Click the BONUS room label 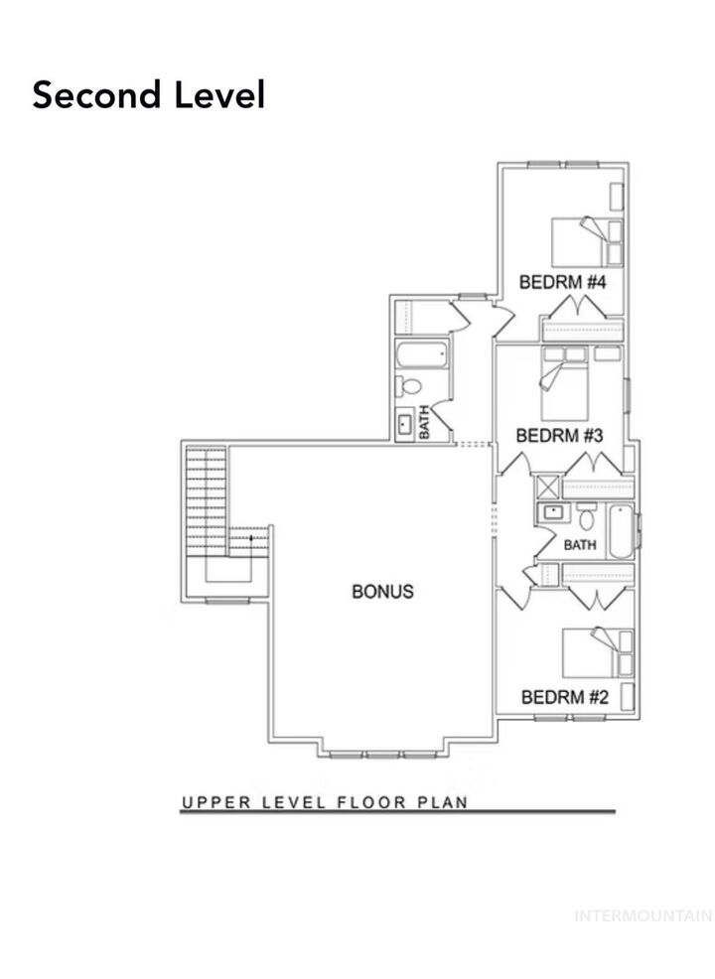[x=382, y=592]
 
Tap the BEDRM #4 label [x=563, y=283]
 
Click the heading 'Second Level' [x=148, y=95]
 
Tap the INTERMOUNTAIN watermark [x=643, y=915]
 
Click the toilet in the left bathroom [x=410, y=386]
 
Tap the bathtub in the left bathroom [x=422, y=354]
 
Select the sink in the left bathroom [x=406, y=425]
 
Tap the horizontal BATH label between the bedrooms [x=580, y=545]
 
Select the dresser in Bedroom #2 [x=626, y=696]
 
